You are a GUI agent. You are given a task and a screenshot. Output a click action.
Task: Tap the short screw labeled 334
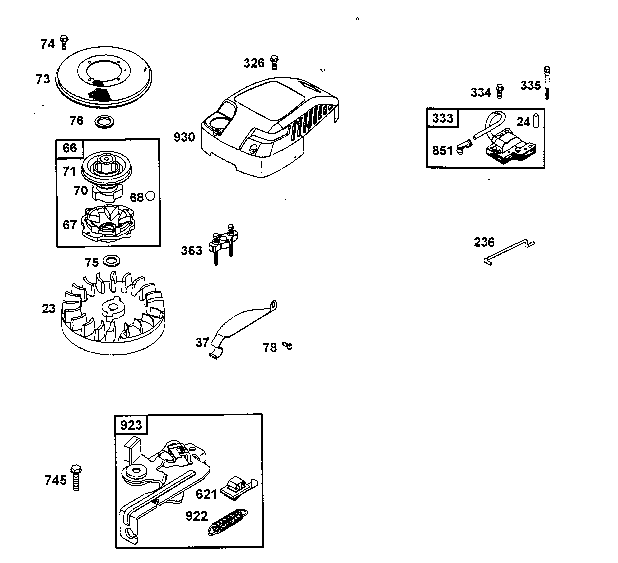500,91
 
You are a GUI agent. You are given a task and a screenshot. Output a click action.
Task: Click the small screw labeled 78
288,346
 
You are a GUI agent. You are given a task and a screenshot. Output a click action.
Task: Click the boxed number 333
442,118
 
